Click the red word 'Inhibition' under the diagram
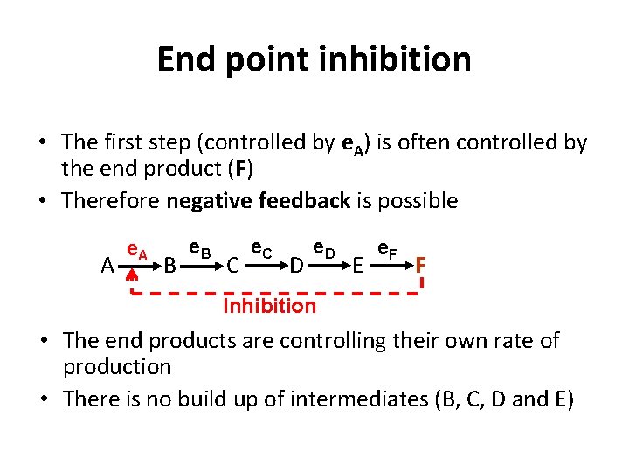coord(270,306)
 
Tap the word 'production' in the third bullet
coord(116,367)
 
